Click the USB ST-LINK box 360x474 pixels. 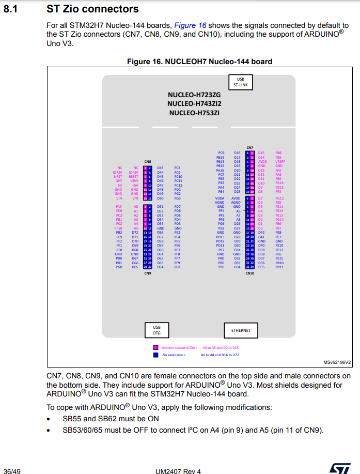tap(240, 82)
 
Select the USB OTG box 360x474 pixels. tap(156, 330)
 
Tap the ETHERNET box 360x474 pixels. tap(241, 330)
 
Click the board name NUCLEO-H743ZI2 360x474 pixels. tap(194, 103)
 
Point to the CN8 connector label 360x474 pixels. tap(147, 162)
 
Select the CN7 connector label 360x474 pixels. tap(249, 147)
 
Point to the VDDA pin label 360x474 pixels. tap(220, 198)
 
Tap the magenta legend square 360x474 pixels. tap(155, 348)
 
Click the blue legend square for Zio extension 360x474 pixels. tap(155, 355)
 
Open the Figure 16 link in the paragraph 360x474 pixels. tap(189, 25)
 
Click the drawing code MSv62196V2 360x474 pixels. tap(337, 362)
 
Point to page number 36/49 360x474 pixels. tap(12, 470)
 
